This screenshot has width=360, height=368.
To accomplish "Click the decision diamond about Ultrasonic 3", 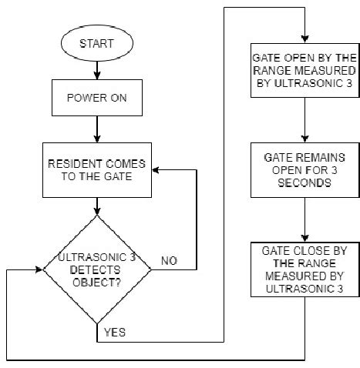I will [x=96, y=269].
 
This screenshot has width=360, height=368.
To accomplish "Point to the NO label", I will [x=170, y=261].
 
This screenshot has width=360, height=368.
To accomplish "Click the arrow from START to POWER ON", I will [x=96, y=71].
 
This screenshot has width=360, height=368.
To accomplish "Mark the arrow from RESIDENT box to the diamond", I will [x=96, y=203].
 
